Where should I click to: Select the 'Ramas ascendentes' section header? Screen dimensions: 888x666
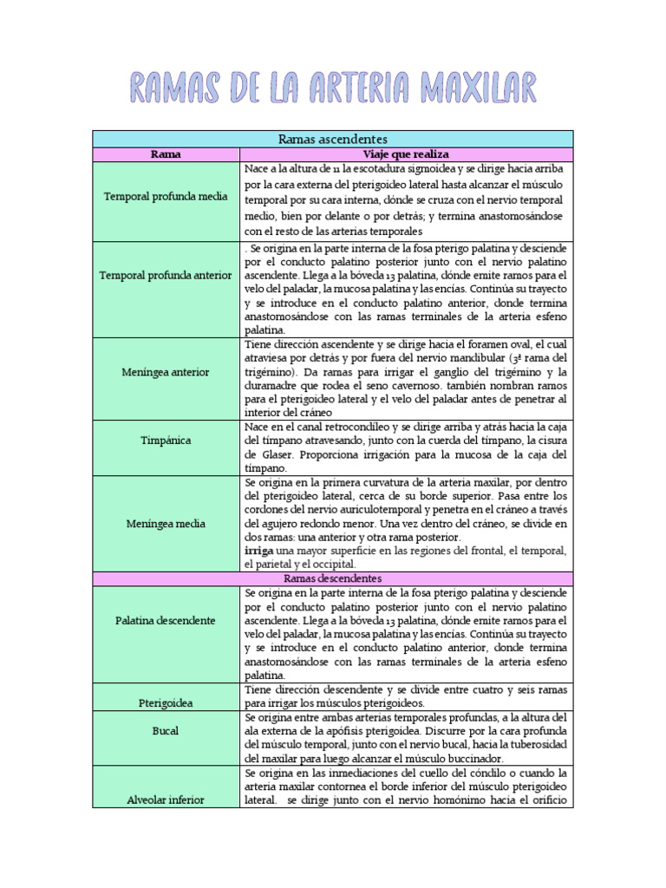pos(332,139)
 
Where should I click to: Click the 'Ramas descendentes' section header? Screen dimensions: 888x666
pos(332,578)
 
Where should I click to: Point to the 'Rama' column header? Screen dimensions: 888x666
pos(165,154)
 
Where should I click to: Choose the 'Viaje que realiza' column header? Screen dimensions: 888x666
pos(406,154)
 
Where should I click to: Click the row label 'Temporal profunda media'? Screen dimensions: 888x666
pos(165,197)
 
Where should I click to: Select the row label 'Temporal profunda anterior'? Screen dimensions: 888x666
pos(165,275)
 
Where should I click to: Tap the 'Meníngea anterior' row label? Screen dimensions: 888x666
pos(165,372)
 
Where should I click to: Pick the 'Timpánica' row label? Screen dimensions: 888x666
pos(165,441)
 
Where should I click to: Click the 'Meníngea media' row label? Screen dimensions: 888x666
pos(165,524)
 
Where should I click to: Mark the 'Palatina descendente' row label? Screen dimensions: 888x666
pos(165,621)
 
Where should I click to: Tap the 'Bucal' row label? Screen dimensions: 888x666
pos(165,731)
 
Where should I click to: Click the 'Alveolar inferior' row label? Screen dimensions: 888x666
pos(165,800)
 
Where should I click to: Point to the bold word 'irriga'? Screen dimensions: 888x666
pos(259,551)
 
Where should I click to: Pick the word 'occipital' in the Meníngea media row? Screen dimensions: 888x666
pos(330,565)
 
